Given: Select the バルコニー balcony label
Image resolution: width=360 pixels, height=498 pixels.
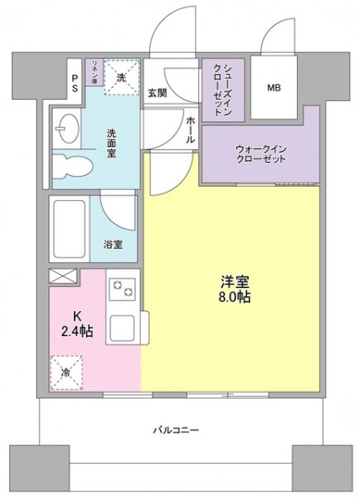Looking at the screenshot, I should pyautogui.click(x=175, y=431).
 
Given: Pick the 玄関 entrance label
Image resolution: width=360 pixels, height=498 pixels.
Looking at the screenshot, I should pyautogui.click(x=158, y=93).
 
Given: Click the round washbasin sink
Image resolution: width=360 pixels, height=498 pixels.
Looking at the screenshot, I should pyautogui.click(x=67, y=129).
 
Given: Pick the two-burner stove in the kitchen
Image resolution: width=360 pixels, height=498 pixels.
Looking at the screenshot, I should pyautogui.click(x=124, y=289).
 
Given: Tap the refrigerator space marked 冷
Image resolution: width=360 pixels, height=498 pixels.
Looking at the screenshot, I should pyautogui.click(x=67, y=373).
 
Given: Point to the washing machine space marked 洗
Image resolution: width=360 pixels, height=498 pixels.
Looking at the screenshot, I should pyautogui.click(x=121, y=77).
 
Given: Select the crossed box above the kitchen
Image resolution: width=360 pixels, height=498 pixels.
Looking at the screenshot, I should pyautogui.click(x=63, y=276).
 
